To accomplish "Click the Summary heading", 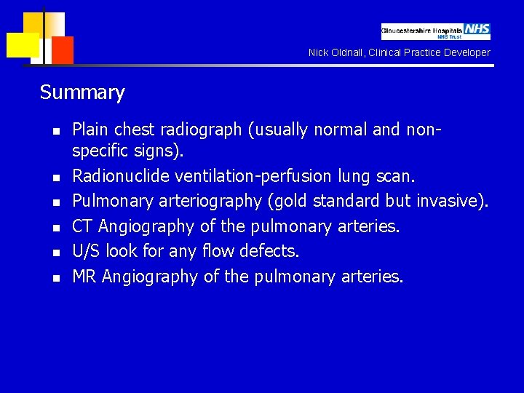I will tap(82, 92).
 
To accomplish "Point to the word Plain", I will tap(90, 130).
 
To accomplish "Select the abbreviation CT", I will tap(82, 226).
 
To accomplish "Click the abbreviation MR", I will tap(84, 276).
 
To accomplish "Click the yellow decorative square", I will tap(22, 45).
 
